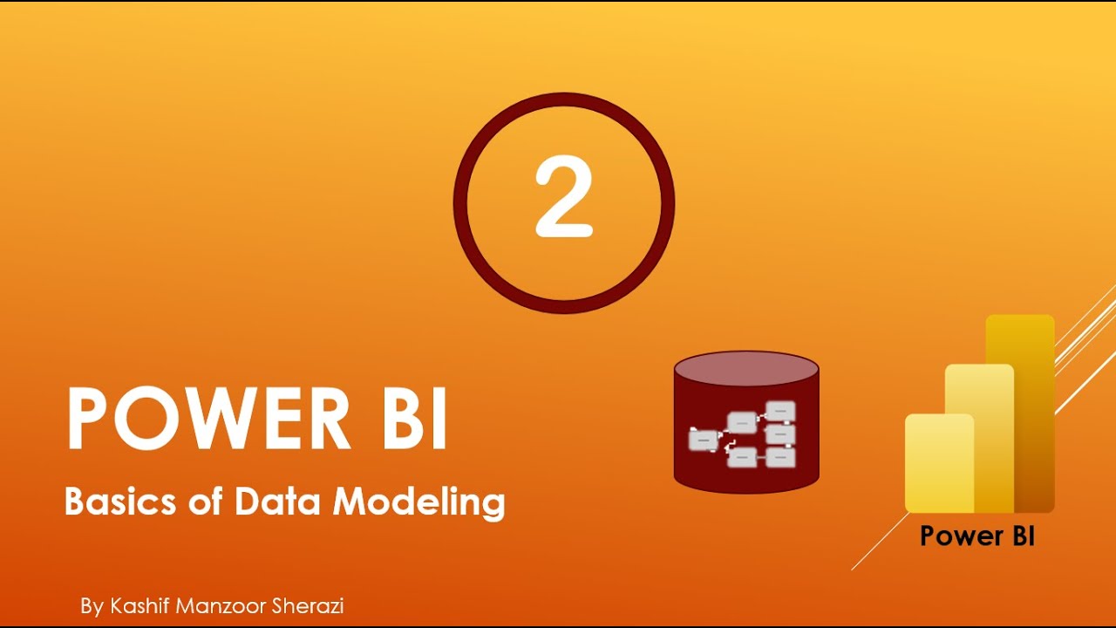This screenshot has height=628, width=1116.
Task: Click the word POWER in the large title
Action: [x=208, y=419]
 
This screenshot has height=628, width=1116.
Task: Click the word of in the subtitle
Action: [x=203, y=502]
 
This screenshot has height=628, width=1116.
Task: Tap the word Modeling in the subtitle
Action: [x=419, y=503]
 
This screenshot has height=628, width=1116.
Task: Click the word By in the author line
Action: [x=92, y=606]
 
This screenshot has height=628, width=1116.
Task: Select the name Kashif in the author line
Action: [x=139, y=605]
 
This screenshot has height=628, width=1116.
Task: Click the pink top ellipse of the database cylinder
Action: [x=746, y=368]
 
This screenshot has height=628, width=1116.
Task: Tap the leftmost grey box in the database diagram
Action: [x=702, y=441]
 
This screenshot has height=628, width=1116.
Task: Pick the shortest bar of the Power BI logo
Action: [x=938, y=462]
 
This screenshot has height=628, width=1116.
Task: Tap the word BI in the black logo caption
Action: [x=1018, y=536]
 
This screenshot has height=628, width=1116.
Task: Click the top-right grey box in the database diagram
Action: [x=780, y=410]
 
